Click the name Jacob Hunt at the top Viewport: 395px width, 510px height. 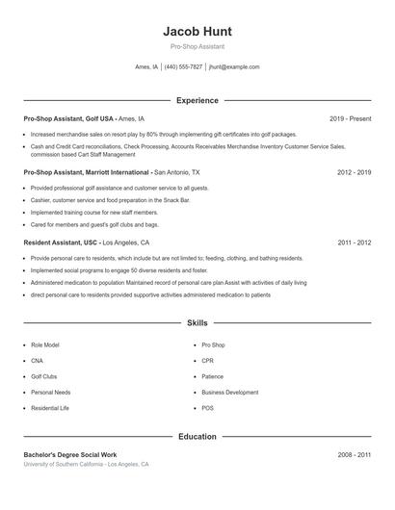pos(197,31)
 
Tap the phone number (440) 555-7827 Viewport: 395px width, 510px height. pos(183,67)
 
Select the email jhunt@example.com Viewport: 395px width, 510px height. pos(234,67)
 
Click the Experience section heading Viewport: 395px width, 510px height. pos(197,100)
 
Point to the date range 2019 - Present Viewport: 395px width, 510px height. pos(350,118)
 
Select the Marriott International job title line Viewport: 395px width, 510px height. pos(112,172)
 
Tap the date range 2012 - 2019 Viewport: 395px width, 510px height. pos(354,172)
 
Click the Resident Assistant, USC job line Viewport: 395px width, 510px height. pos(87,242)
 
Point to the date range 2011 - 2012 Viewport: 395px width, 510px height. pos(354,242)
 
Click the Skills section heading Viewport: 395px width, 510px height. pos(197,322)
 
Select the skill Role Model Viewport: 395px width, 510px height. pos(44,344)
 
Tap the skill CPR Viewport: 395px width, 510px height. pos(207,360)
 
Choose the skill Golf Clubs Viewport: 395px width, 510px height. pos(43,376)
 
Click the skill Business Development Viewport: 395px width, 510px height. pos(229,393)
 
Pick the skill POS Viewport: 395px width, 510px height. pos(207,408)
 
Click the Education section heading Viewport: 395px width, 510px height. pos(197,436)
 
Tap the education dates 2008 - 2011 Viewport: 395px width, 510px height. pos(354,453)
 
